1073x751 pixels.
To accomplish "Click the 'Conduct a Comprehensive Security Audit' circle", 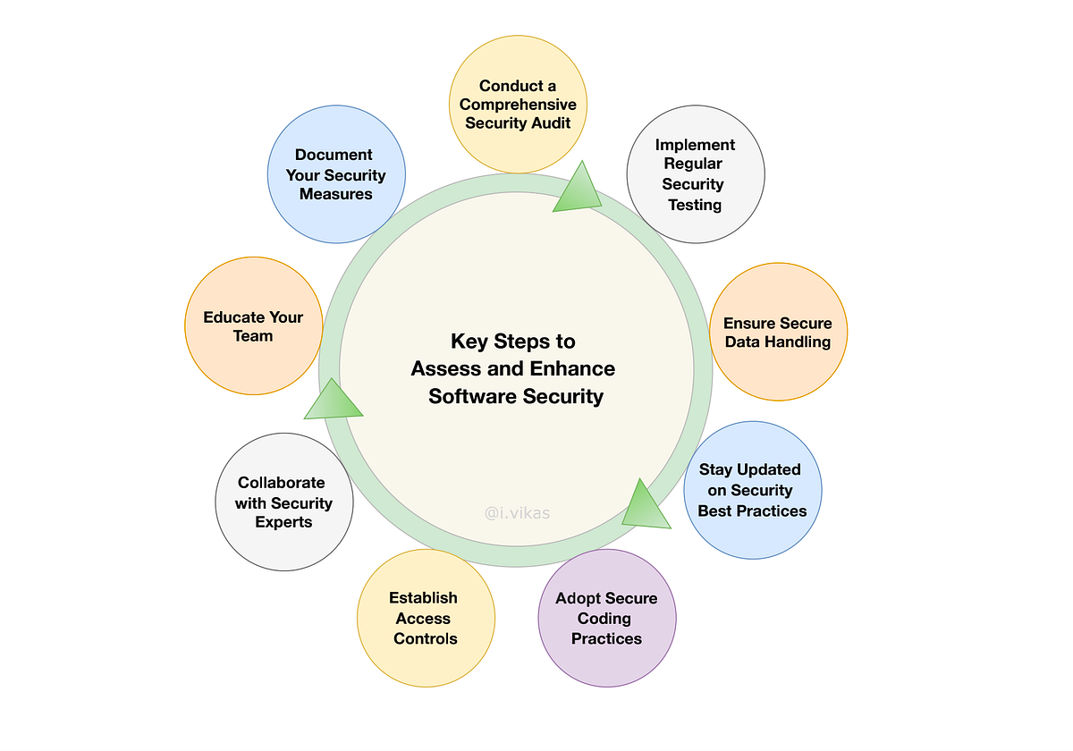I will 518,105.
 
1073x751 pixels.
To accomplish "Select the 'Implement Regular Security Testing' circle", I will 695,174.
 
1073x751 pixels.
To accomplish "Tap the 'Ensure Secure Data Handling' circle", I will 777,332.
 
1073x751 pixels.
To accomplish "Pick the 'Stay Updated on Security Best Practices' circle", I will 752,490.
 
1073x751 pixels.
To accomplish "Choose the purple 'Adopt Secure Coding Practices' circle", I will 606,618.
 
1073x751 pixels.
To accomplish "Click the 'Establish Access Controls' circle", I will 426,618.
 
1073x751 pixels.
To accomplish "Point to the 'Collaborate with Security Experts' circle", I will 284,502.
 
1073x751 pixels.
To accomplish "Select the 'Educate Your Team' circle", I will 253,326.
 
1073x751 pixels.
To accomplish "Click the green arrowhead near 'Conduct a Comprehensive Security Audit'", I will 577,190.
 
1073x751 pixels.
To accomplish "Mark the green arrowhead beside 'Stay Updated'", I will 644,505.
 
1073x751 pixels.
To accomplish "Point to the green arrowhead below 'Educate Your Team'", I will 333,401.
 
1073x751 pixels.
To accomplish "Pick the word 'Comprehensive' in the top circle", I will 518,105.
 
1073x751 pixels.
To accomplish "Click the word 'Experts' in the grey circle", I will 283,521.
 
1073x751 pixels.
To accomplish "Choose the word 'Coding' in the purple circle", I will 605,618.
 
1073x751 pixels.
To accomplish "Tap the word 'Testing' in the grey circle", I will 695,204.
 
